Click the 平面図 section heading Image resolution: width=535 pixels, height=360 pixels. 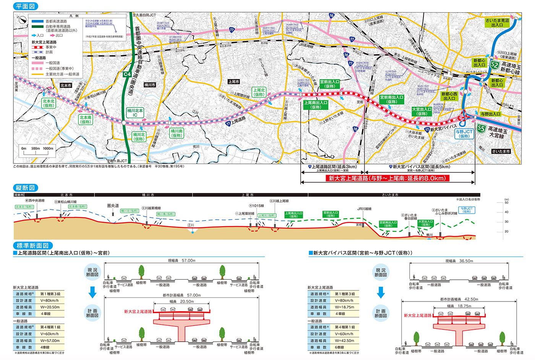click(26, 6)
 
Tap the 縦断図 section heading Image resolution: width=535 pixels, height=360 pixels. click(26, 188)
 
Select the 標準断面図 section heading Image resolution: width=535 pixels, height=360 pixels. click(32, 245)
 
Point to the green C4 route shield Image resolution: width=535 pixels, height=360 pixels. click(127, 75)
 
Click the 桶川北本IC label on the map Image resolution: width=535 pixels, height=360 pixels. click(135, 113)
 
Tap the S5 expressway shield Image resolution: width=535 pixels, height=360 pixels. click(481, 129)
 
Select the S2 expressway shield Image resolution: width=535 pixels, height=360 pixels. click(494, 65)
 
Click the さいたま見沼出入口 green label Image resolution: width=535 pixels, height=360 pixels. click(497, 23)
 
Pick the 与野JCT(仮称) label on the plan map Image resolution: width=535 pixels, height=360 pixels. click(464, 134)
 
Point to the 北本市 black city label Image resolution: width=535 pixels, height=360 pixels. click(66, 86)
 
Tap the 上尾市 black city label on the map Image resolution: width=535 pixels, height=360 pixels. click(233, 82)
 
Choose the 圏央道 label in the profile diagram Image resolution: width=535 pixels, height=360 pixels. click(113, 206)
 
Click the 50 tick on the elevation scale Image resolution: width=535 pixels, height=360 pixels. click(506, 203)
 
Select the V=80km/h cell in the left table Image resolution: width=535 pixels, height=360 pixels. click(50, 301)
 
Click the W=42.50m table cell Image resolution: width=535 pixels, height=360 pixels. click(345, 341)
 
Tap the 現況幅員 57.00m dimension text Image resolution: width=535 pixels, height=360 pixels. click(182, 261)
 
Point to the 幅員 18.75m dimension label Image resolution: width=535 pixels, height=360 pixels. click(459, 306)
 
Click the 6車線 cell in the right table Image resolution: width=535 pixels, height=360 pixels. click(340, 347)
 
